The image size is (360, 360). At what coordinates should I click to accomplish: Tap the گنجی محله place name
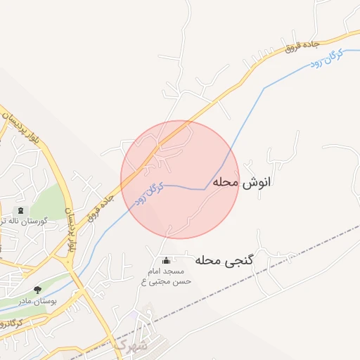click(x=224, y=260)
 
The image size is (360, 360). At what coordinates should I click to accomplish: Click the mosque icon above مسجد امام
click(x=166, y=259)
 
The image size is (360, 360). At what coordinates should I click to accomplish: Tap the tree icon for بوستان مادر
click(x=37, y=289)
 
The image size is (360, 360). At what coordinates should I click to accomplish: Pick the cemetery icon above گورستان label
click(x=19, y=210)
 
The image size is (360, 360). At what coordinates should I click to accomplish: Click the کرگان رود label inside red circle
click(x=150, y=193)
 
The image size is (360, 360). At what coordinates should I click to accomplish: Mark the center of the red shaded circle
click(x=180, y=179)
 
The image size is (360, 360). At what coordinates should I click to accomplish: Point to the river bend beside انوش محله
click(x=205, y=188)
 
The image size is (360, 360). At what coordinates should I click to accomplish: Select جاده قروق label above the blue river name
click(x=303, y=46)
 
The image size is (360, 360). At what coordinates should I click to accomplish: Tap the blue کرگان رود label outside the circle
click(x=325, y=58)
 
